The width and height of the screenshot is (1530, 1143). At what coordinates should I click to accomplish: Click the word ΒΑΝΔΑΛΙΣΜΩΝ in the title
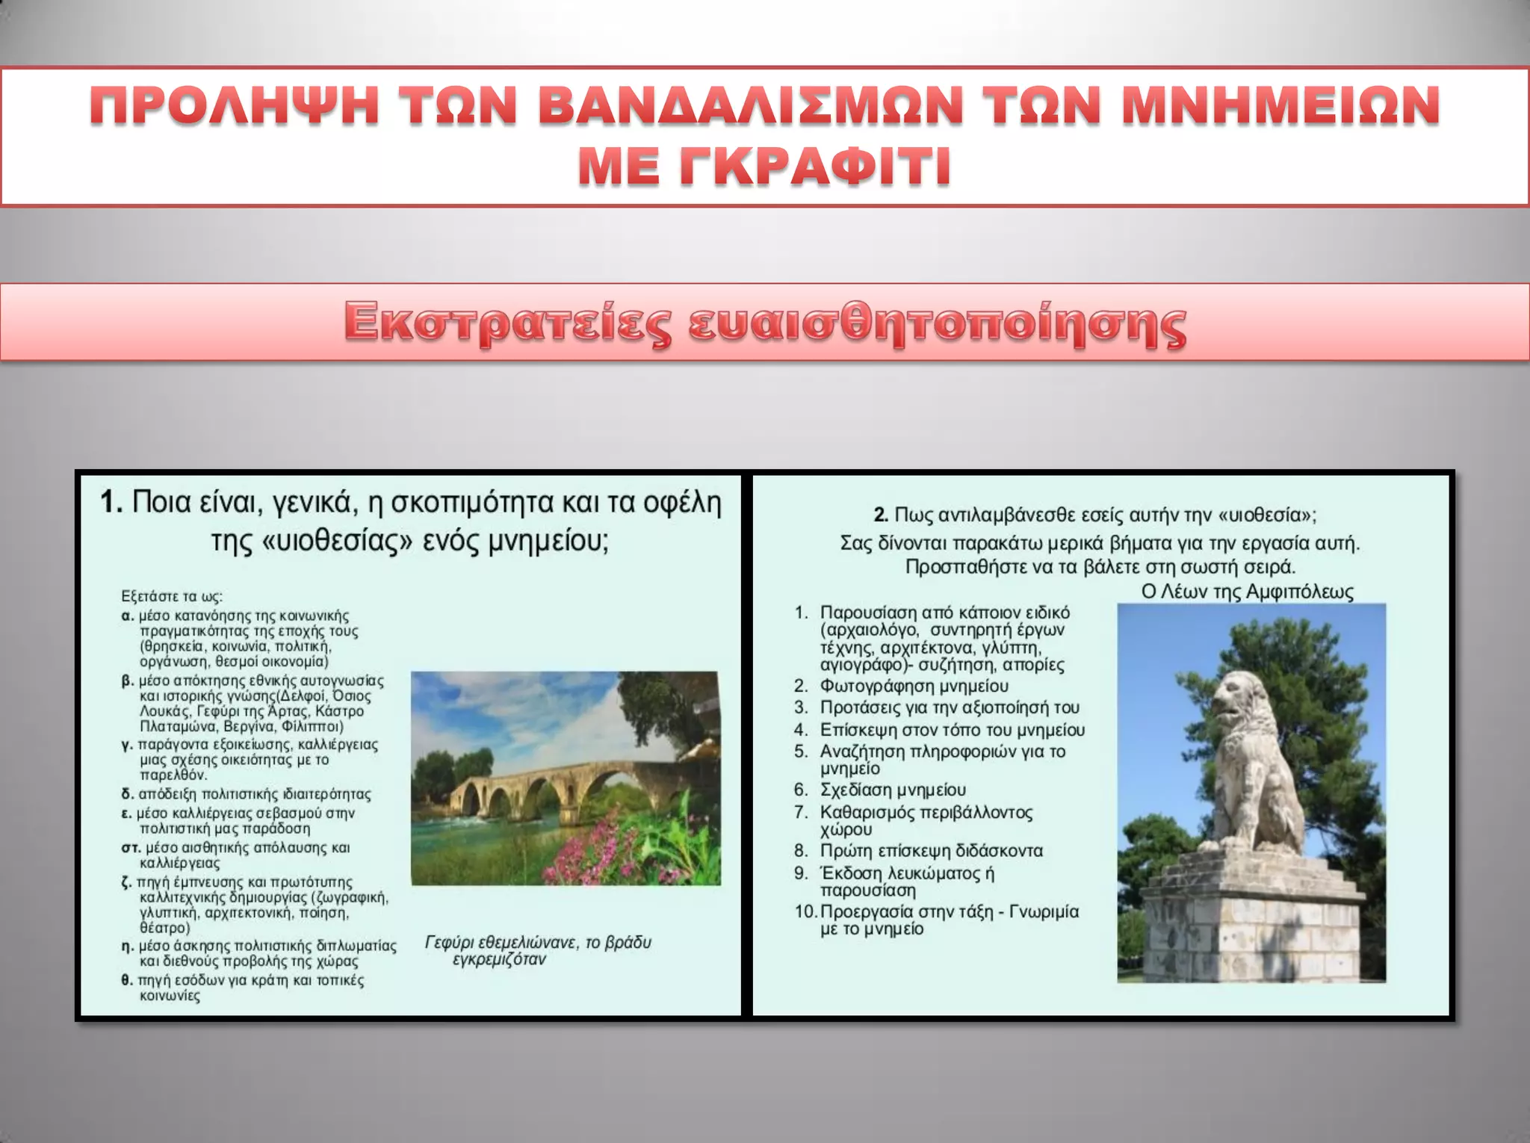point(750,105)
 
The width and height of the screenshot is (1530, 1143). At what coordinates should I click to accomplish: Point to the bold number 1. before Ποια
point(111,503)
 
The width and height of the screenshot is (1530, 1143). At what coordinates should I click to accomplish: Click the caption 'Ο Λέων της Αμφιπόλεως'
point(1247,592)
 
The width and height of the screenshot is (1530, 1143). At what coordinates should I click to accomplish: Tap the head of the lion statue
point(1236,702)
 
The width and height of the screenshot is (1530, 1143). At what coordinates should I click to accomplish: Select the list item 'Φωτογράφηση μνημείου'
point(914,686)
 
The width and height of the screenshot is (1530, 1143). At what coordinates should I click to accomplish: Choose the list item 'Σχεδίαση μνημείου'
point(893,790)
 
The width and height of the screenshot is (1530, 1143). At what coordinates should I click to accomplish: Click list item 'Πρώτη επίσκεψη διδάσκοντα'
point(931,850)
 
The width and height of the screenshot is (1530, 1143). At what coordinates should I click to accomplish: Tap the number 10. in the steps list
point(805,911)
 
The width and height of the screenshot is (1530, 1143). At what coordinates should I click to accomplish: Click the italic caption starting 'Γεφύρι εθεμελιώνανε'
point(537,950)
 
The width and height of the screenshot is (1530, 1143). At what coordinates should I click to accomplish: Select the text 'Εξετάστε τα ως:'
point(172,596)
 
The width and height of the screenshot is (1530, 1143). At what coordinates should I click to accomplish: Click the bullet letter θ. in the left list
point(127,980)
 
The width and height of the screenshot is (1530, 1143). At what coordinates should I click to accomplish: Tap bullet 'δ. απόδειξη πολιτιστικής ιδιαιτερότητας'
point(247,794)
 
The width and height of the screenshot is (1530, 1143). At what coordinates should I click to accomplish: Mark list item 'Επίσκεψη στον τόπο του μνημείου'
point(952,729)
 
